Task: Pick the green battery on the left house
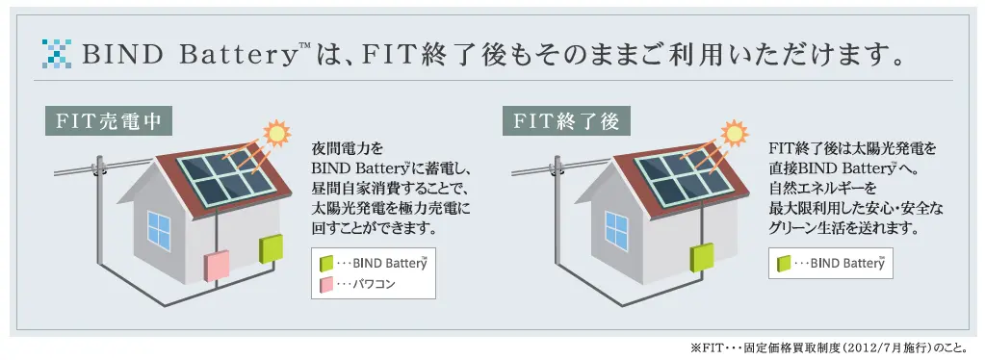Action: click(x=271, y=248)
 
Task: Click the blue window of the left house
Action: click(x=158, y=227)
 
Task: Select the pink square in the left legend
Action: click(x=327, y=285)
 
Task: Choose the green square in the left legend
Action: click(x=327, y=263)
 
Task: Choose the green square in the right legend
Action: click(x=784, y=262)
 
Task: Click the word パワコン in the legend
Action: click(x=375, y=286)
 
